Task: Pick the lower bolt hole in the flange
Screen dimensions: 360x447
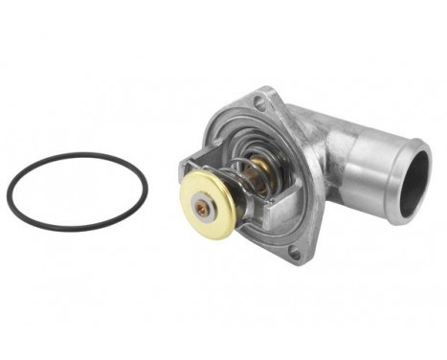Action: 294,253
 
